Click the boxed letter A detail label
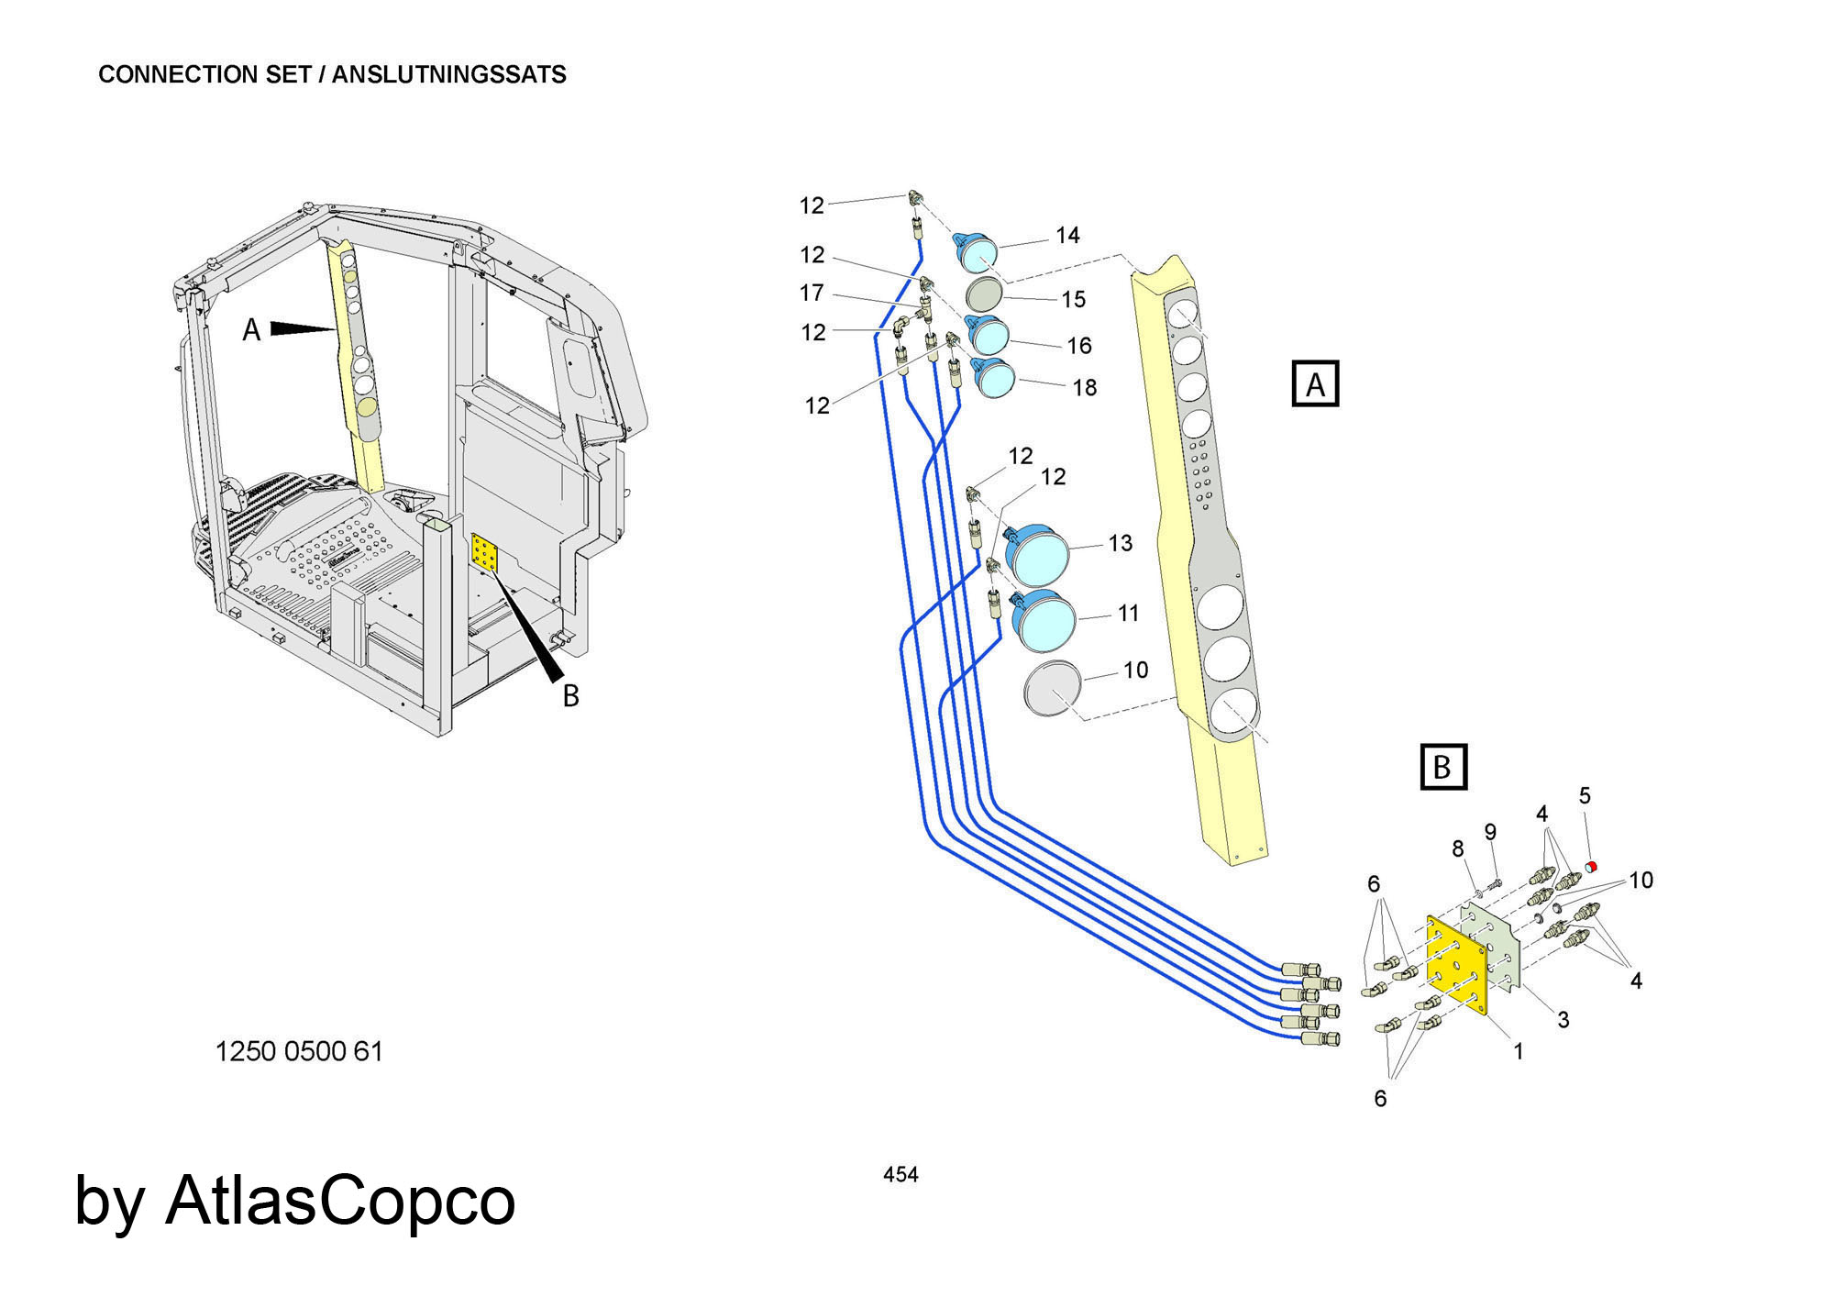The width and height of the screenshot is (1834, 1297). click(1315, 384)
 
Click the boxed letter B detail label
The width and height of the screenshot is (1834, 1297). click(1442, 767)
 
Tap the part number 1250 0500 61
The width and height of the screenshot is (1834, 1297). click(299, 1051)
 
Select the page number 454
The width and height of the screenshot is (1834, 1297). click(900, 1174)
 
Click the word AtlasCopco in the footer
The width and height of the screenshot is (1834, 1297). click(340, 1201)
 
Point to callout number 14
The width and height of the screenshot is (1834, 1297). click(1067, 236)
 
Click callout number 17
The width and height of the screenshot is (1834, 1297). click(812, 294)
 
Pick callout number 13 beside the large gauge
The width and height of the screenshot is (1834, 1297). click(1120, 543)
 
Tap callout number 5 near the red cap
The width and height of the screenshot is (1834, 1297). click(1585, 796)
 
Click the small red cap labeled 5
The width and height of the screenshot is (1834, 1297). click(1592, 867)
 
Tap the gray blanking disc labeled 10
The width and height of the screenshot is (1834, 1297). click(1053, 688)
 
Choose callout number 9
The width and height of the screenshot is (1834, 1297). click(1490, 832)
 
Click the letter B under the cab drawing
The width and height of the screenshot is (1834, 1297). click(570, 696)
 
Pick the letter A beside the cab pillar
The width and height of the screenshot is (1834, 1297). click(251, 330)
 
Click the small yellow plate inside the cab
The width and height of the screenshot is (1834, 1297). click(484, 553)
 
